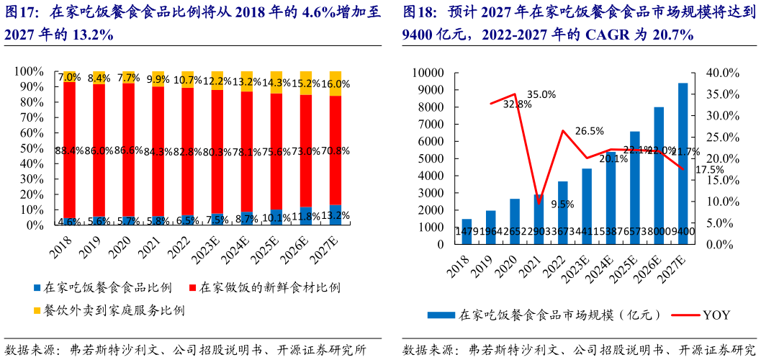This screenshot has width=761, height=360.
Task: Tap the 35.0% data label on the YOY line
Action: click(541, 94)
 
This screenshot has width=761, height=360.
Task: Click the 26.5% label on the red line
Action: click(590, 130)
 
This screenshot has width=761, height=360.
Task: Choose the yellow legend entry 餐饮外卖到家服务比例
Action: click(108, 311)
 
